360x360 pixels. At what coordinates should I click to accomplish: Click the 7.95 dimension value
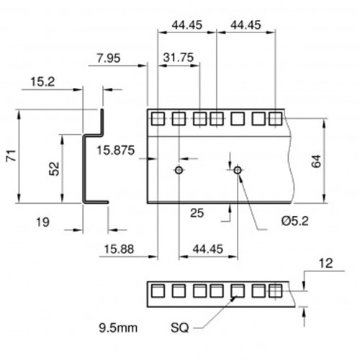point(109,58)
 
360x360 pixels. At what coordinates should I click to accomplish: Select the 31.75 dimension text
point(179,58)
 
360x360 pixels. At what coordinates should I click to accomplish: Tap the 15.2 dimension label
point(42,82)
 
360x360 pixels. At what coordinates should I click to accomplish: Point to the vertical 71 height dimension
point(12,156)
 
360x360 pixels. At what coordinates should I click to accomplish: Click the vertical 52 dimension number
point(54,168)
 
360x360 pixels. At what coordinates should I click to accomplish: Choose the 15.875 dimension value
point(115,150)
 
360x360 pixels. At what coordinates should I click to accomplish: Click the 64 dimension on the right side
point(316,161)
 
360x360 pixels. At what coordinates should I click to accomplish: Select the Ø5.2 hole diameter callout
point(295,221)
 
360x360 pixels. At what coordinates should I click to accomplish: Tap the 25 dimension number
point(197,213)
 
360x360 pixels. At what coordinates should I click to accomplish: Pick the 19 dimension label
point(42,222)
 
